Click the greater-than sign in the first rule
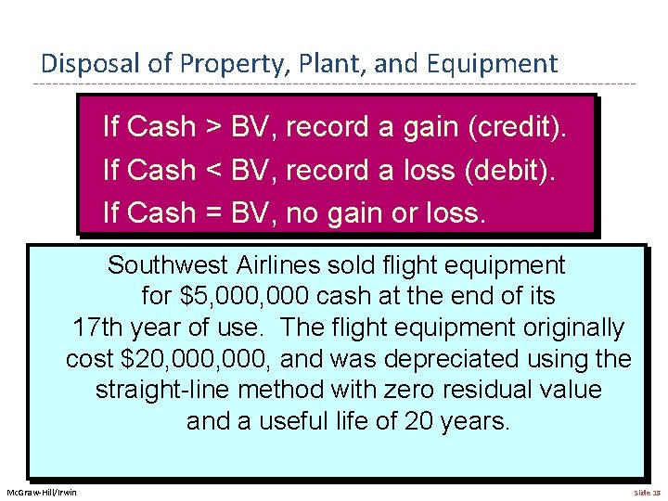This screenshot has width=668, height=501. pyautogui.click(x=212, y=127)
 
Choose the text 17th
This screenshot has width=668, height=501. pyautogui.click(x=97, y=328)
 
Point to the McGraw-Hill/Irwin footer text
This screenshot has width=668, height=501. pyautogui.click(x=42, y=492)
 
